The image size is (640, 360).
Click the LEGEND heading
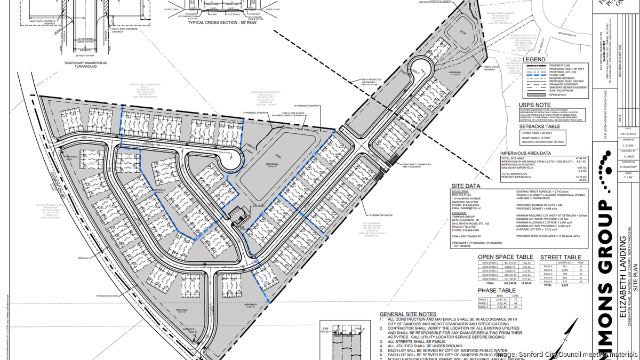pyautogui.click(x=534, y=59)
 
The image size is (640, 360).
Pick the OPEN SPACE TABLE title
pyautogui.click(x=507, y=257)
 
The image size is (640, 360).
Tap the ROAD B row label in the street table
pyautogui.click(x=549, y=270)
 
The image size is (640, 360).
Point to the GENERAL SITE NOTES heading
pyautogui.click(x=407, y=314)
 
